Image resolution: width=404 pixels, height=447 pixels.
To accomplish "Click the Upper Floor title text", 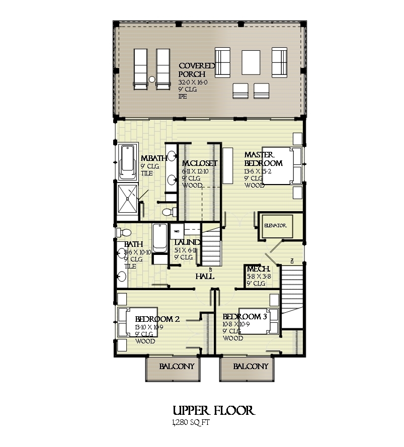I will coord(213,411).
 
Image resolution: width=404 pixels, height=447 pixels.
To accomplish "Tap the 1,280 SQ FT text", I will coord(190,423).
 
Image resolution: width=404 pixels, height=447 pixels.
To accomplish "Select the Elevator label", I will coord(275,226).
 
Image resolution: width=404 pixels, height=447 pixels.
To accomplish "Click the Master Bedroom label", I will coord(263,159).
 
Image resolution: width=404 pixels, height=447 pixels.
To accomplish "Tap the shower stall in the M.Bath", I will coord(127,200).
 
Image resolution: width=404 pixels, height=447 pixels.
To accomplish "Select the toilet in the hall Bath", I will coord(124,233).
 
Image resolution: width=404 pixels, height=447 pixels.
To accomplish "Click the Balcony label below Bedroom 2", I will coord(177,367).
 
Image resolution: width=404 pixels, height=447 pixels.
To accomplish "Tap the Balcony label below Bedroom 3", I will coord(251,367).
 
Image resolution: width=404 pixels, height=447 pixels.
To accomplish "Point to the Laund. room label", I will coord(183,243).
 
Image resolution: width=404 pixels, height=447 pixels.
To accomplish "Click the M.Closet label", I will coord(199,163).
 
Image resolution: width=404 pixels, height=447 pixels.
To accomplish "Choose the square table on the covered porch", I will coord(251,62).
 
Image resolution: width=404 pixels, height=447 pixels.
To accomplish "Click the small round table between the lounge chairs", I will coord(151,79).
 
